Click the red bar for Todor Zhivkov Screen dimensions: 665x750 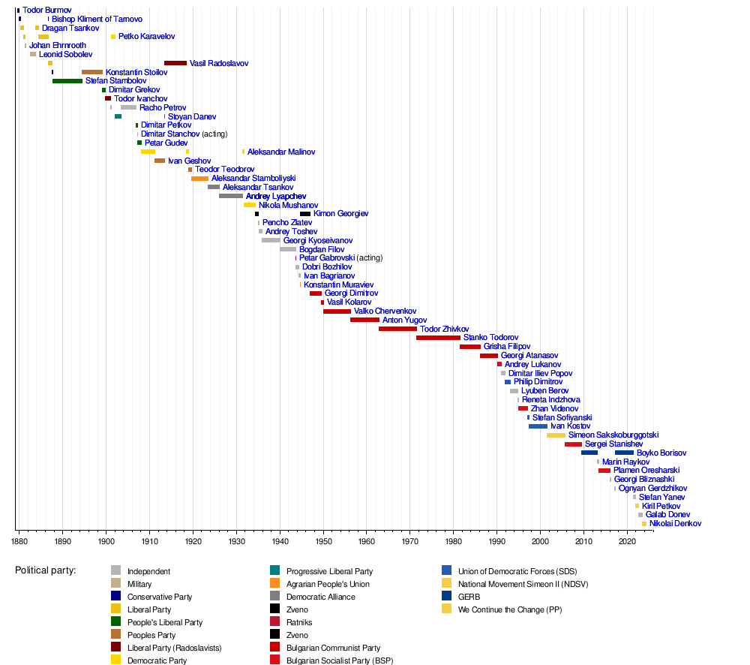[397, 329]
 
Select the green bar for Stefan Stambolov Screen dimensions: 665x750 [67, 81]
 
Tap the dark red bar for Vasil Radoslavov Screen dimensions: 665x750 [175, 63]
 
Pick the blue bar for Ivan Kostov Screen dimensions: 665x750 [538, 426]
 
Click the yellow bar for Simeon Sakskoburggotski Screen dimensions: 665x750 [556, 435]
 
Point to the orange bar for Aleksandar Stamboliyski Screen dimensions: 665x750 [199, 179]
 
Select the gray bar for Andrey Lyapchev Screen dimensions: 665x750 [231, 196]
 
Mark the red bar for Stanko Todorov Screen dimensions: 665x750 [438, 338]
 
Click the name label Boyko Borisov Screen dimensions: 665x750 [661, 453]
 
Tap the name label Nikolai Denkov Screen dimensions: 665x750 [675, 524]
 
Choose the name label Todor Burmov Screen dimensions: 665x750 [46, 11]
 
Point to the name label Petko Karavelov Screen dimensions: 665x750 [146, 37]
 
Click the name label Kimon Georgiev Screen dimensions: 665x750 [340, 214]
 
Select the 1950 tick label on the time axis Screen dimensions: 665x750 [323, 540]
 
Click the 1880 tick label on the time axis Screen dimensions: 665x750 [19, 540]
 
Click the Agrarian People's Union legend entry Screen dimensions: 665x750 [328, 584]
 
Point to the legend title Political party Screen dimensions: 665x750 [45, 570]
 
